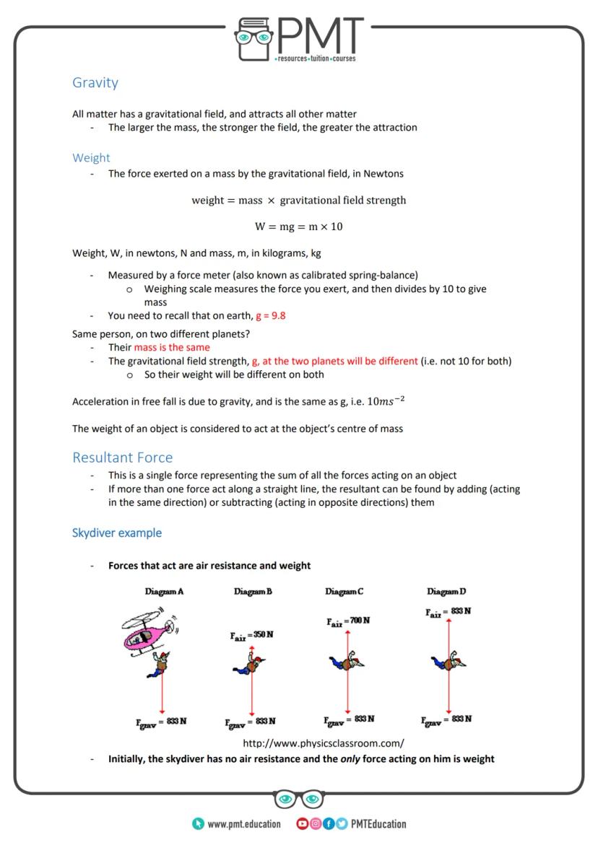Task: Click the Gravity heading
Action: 95,82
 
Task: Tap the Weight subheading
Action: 91,157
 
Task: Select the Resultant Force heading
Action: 122,457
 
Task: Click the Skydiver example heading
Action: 116,533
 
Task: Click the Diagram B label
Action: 253,592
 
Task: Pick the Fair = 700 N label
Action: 348,621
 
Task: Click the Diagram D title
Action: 446,592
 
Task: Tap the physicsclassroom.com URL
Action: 323,743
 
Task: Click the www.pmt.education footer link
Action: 243,823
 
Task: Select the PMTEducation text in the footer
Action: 378,823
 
